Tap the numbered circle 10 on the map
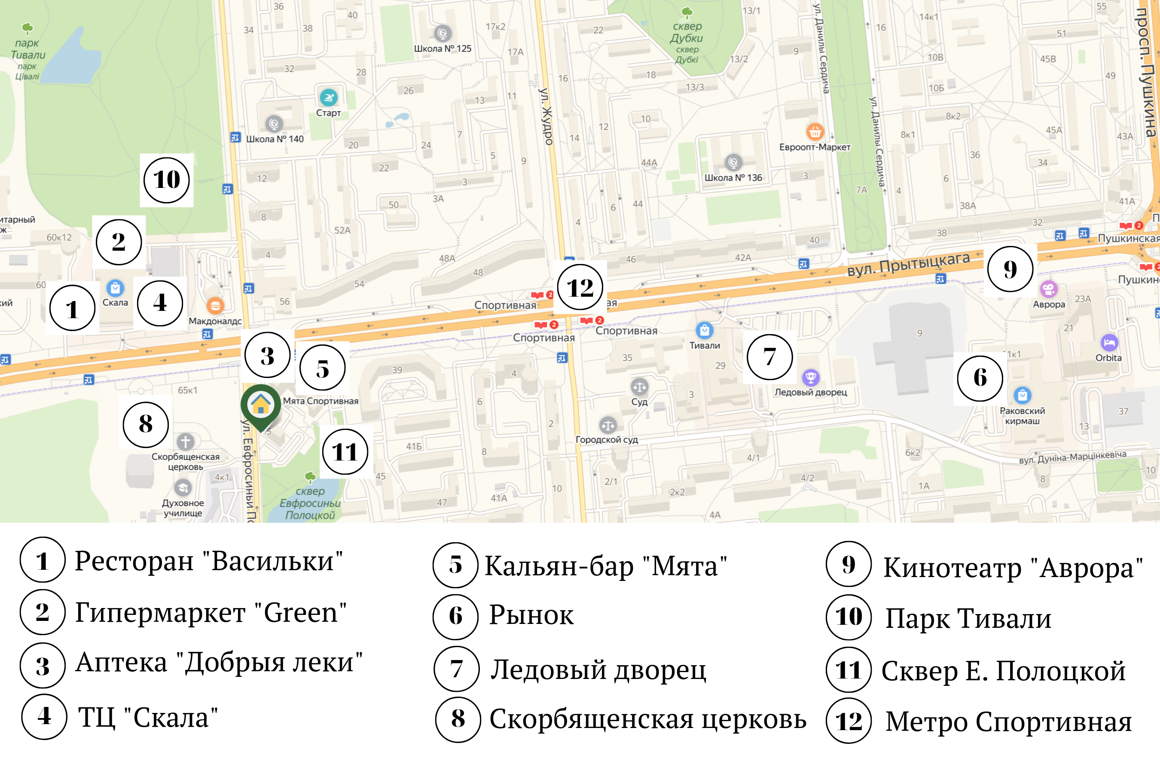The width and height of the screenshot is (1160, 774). pyautogui.click(x=167, y=180)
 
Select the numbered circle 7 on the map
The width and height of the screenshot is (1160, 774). pyautogui.click(x=769, y=356)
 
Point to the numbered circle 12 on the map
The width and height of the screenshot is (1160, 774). pyautogui.click(x=580, y=287)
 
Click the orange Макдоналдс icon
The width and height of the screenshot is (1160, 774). pyautogui.click(x=215, y=306)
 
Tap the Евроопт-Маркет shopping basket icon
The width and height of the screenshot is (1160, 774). pyautogui.click(x=815, y=132)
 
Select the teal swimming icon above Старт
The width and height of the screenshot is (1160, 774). pyautogui.click(x=329, y=97)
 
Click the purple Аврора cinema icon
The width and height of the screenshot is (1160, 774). pyautogui.click(x=1049, y=289)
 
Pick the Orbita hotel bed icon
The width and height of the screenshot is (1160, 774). pyautogui.click(x=1109, y=342)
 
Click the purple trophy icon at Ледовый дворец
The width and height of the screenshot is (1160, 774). pyautogui.click(x=810, y=378)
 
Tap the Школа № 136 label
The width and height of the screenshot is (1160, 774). pyautogui.click(x=733, y=178)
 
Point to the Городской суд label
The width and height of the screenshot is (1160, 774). pyautogui.click(x=607, y=439)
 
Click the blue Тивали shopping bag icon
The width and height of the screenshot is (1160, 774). pyautogui.click(x=704, y=330)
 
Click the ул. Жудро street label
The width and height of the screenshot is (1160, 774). pyautogui.click(x=546, y=117)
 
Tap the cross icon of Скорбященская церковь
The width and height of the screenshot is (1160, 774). pyautogui.click(x=186, y=441)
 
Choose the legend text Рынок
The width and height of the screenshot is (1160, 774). pyautogui.click(x=531, y=616)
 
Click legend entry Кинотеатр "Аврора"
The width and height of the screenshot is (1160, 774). pyautogui.click(x=1013, y=568)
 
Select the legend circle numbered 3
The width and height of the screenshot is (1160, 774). pyautogui.click(x=43, y=665)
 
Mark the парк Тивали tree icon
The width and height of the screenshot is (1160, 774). pyautogui.click(x=27, y=28)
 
